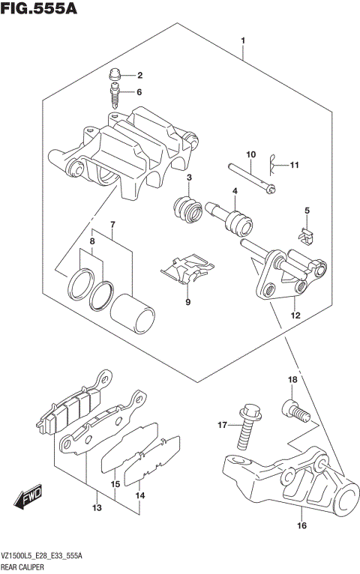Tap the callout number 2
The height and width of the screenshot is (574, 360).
click(x=138, y=76)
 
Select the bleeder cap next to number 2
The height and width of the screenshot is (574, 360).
click(x=115, y=74)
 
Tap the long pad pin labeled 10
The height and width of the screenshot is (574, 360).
click(x=250, y=177)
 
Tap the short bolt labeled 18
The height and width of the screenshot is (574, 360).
click(x=293, y=410)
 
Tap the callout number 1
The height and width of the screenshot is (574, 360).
click(x=242, y=39)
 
